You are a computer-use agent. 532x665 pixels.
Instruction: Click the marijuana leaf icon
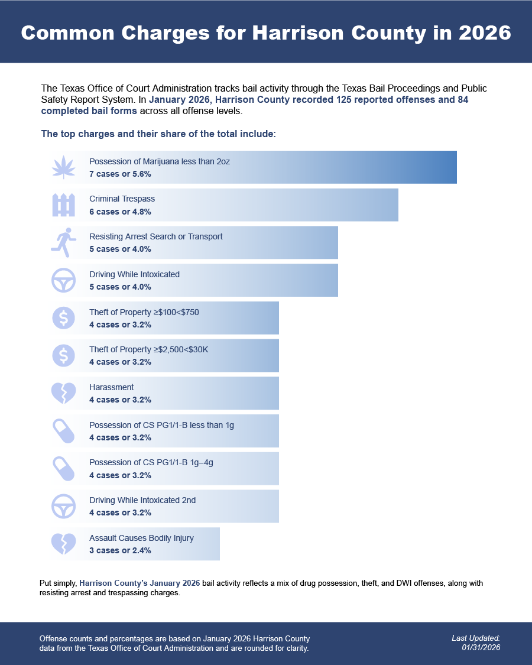tap(64, 167)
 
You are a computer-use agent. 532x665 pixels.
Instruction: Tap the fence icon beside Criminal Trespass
tap(64, 205)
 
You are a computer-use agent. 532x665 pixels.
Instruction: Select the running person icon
tap(64, 242)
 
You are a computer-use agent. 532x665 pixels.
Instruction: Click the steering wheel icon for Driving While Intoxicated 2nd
tap(64, 507)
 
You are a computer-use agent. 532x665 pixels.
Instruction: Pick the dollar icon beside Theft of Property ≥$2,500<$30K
tap(64, 355)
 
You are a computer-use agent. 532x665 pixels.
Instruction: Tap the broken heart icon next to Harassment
tap(64, 393)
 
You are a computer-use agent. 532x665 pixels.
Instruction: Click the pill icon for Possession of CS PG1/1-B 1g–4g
tap(64, 469)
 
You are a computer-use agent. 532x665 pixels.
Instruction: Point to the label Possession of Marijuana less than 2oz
tap(160, 161)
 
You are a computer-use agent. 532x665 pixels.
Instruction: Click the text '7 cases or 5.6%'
tap(120, 174)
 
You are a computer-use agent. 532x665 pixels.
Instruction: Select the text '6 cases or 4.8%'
tap(120, 212)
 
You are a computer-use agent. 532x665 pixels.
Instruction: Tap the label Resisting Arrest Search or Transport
tap(156, 236)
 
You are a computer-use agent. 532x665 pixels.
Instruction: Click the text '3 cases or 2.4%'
tap(120, 550)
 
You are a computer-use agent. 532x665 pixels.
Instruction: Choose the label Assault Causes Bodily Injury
tap(141, 538)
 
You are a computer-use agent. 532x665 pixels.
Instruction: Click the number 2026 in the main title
tap(482, 33)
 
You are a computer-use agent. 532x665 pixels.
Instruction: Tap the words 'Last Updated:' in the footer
tap(476, 638)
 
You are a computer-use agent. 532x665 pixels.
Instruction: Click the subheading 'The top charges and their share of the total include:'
tap(158, 134)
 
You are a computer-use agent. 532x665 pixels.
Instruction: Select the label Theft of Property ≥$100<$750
tap(140, 312)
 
